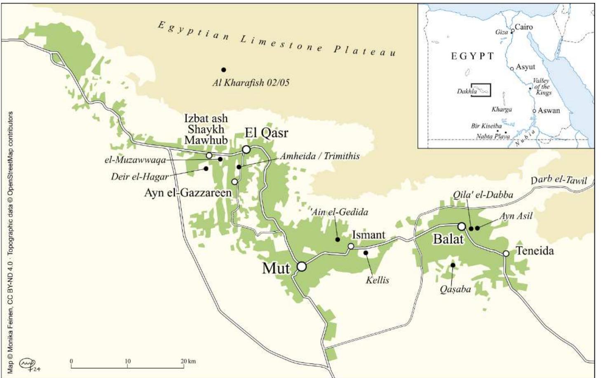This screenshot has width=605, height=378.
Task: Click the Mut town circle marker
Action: [302, 266]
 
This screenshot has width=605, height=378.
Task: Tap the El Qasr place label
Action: [266, 133]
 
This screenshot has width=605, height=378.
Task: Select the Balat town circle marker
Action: [462, 226]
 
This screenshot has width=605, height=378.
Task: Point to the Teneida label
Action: [535, 251]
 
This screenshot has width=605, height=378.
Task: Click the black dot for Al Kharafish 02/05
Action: [224, 70]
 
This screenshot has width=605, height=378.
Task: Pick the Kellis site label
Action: [377, 280]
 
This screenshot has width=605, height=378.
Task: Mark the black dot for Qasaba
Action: [453, 265]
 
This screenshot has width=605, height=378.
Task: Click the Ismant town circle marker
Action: [351, 246]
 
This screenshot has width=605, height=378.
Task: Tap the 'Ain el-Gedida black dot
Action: [338, 239]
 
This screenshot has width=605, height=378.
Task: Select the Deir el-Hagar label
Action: [140, 177]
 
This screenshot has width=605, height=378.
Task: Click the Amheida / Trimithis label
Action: [320, 156]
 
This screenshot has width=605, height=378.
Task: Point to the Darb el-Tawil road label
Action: [558, 180]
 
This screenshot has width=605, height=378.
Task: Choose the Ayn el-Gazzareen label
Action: [188, 193]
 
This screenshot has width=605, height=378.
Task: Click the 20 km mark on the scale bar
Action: [184, 367]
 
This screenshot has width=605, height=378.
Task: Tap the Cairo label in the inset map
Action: [523, 27]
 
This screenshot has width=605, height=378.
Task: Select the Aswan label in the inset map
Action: [549, 110]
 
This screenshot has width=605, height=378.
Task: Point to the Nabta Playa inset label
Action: [493, 136]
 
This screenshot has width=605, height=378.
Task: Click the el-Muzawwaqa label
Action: [135, 160]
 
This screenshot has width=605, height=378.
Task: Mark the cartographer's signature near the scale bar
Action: [30, 365]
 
